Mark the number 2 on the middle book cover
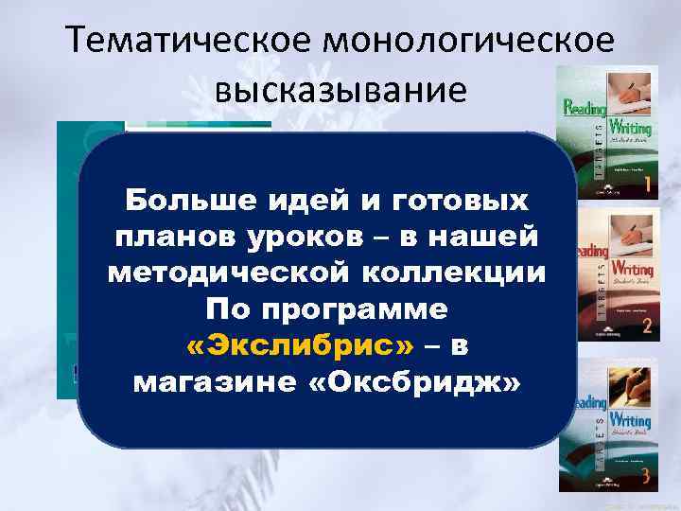(644, 327)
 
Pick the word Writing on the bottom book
(628, 419)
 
